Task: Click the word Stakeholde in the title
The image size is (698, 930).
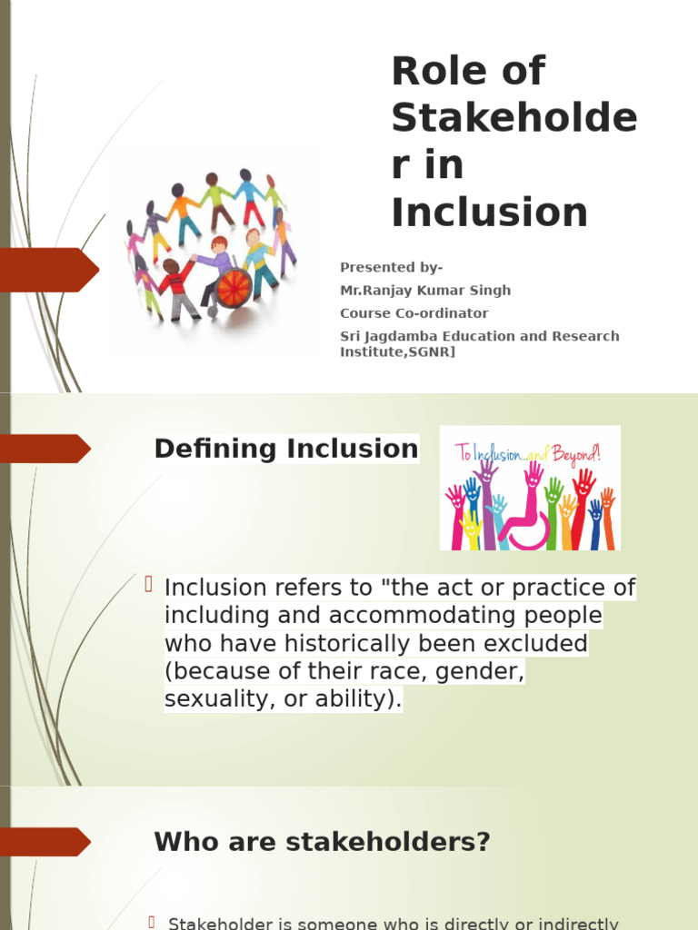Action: (514, 118)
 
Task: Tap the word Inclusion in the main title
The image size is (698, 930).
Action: (489, 213)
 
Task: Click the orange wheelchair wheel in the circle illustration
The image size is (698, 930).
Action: (234, 288)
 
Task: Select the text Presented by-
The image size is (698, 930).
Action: (391, 267)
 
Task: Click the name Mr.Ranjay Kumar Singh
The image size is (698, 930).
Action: (425, 291)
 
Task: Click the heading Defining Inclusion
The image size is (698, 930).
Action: (286, 449)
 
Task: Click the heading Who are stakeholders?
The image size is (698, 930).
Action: (322, 842)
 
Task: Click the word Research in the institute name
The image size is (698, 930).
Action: (588, 336)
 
